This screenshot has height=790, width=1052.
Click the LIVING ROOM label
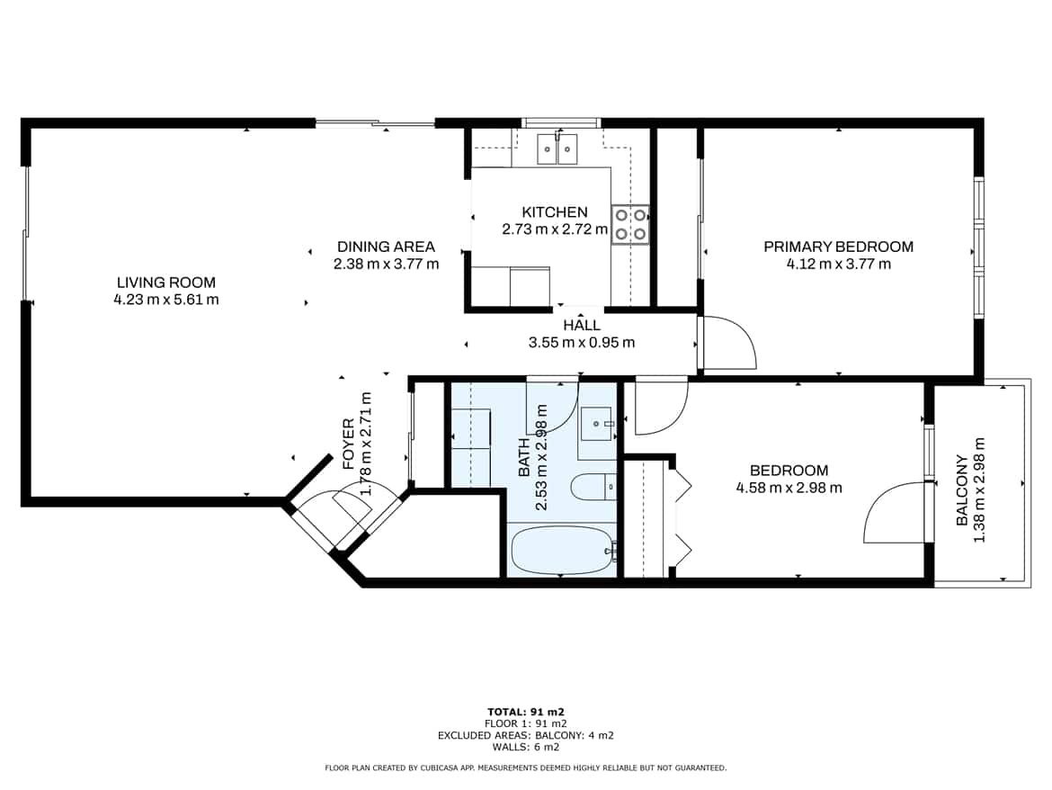[x=166, y=283]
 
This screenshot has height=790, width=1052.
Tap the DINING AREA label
[x=386, y=247]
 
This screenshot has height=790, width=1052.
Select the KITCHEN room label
[x=555, y=212]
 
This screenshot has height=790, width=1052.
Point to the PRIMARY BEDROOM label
[x=839, y=247]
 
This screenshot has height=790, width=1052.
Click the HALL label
[x=582, y=326]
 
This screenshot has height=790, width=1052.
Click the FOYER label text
[x=349, y=444]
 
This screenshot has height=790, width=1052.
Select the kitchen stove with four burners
[x=630, y=224]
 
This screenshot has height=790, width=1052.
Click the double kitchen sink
[x=557, y=149]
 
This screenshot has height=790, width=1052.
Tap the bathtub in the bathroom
[x=562, y=551]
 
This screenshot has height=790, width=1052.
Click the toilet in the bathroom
[x=593, y=487]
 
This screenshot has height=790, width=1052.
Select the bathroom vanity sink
[x=596, y=424]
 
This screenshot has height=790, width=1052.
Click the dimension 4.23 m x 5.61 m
[x=166, y=300]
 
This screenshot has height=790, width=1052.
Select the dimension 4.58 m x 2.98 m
[x=789, y=488]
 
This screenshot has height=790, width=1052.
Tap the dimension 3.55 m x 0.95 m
[x=582, y=343]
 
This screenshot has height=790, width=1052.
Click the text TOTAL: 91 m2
[x=525, y=712]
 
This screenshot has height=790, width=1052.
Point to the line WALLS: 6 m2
[x=525, y=747]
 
